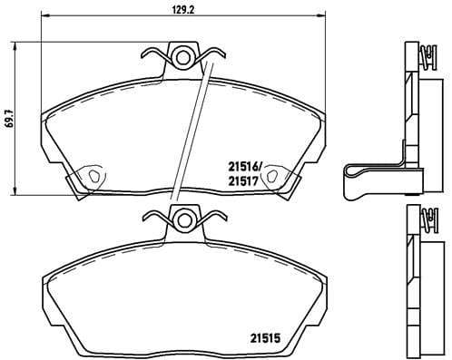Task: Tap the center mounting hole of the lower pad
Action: [184, 218]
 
